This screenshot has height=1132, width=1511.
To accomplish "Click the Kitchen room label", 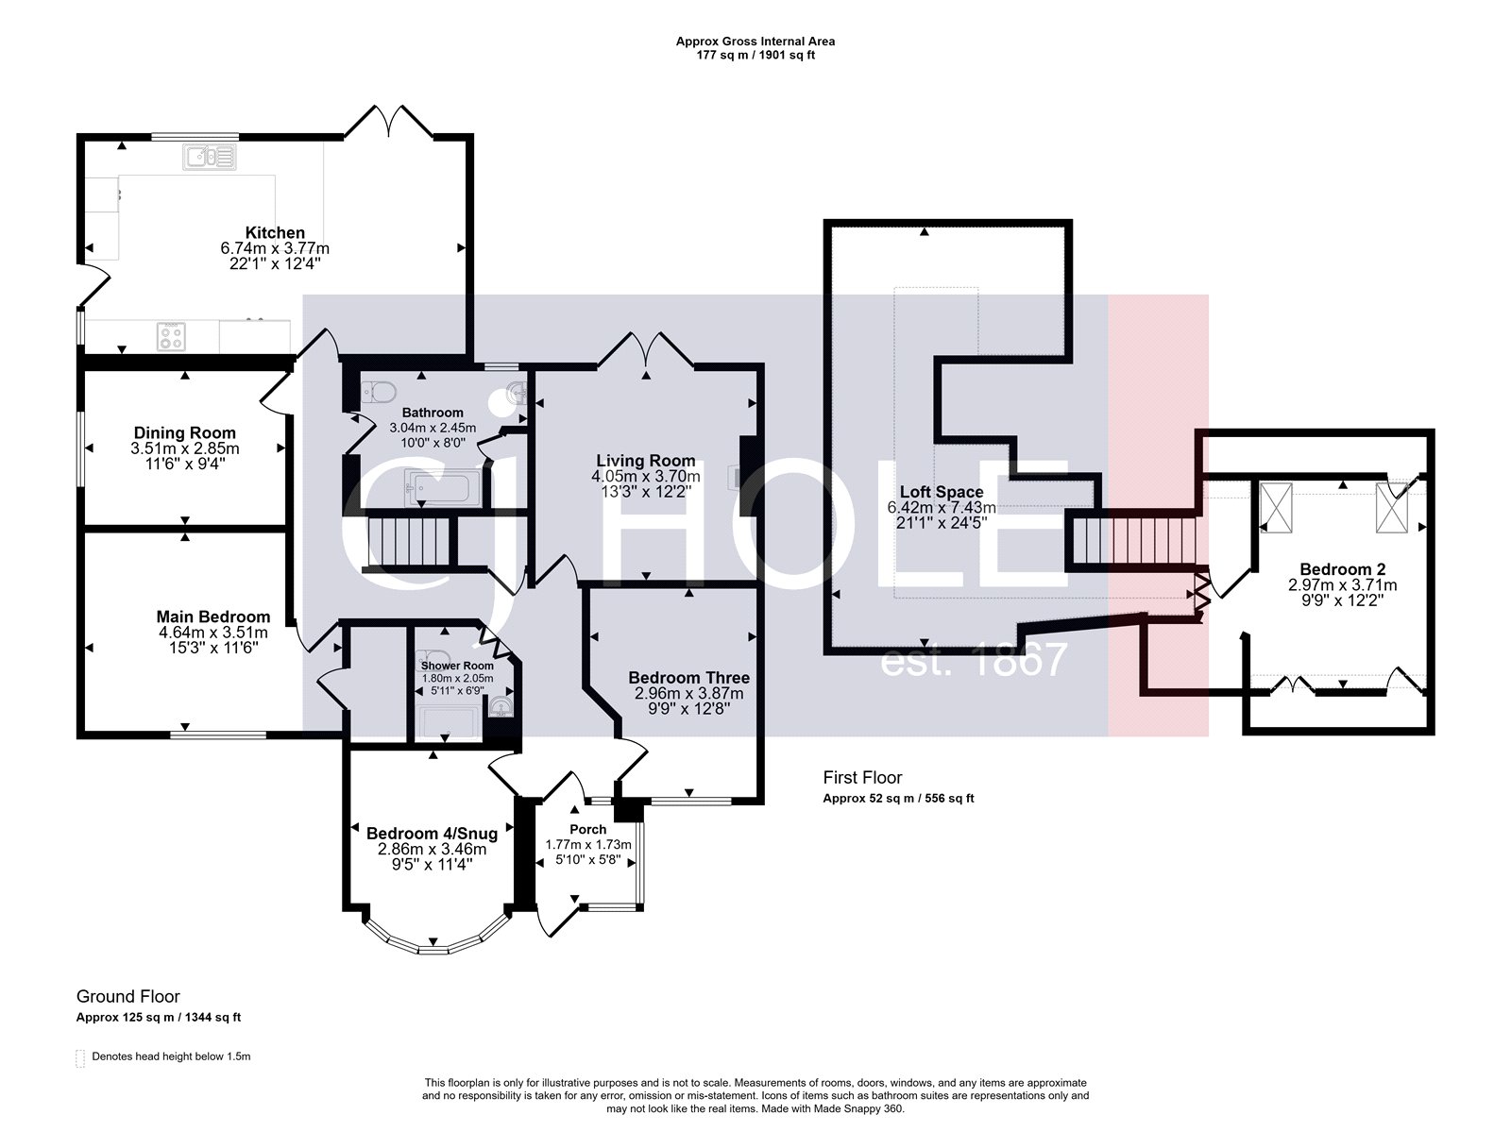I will [x=275, y=232].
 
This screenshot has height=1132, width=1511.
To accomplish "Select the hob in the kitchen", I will [x=171, y=335].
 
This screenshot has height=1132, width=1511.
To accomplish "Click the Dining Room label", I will [x=184, y=433].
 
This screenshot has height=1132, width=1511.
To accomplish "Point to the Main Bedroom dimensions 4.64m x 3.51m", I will [x=212, y=633].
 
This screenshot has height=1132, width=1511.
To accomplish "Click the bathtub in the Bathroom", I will [x=442, y=487].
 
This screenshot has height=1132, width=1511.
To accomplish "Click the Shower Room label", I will [x=457, y=666].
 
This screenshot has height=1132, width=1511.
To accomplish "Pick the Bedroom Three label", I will [x=688, y=678].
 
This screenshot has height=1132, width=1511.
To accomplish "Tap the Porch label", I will [x=587, y=829].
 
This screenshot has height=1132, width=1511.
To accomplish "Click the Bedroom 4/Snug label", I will [x=432, y=834].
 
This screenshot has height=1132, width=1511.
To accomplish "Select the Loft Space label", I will [x=941, y=492].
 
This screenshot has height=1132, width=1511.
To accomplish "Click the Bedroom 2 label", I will [x=1342, y=569].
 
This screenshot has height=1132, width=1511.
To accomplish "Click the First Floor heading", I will [x=862, y=778].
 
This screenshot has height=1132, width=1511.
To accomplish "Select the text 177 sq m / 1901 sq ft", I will [x=755, y=55].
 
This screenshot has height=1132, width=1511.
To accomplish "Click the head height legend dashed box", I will [x=81, y=1057].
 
